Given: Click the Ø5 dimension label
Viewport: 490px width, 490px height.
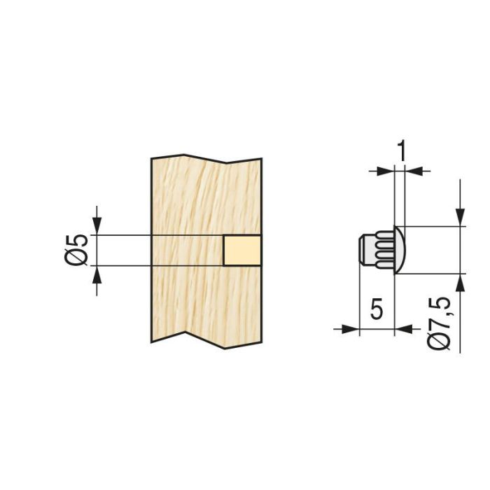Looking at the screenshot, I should (79, 250).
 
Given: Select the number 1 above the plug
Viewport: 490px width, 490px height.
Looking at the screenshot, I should (401, 150).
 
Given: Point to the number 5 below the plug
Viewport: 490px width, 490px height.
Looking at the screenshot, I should (377, 309).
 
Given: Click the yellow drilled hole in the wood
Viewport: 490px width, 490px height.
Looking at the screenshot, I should (242, 250).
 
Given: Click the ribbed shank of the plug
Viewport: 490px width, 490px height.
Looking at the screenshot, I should (381, 250).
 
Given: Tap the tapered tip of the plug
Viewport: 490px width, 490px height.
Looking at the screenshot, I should (363, 250).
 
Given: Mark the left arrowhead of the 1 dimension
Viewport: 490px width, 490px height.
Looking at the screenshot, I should (386, 169).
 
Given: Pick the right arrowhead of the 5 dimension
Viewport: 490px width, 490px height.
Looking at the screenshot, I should (403, 328).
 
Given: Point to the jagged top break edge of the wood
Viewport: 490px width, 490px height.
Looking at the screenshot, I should (206, 159).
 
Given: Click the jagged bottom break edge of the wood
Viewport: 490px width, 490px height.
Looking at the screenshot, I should (206, 338).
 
